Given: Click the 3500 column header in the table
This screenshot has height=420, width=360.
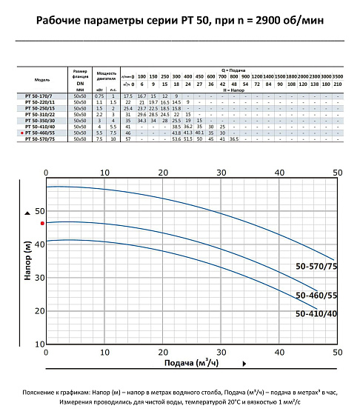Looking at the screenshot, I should pos(339,76).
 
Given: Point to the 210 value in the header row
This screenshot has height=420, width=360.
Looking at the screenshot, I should pos(339,84).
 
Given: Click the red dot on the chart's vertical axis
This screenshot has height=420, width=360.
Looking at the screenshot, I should pos(43,222).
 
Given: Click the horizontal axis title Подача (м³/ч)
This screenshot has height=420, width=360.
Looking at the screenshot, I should pos(191,363).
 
